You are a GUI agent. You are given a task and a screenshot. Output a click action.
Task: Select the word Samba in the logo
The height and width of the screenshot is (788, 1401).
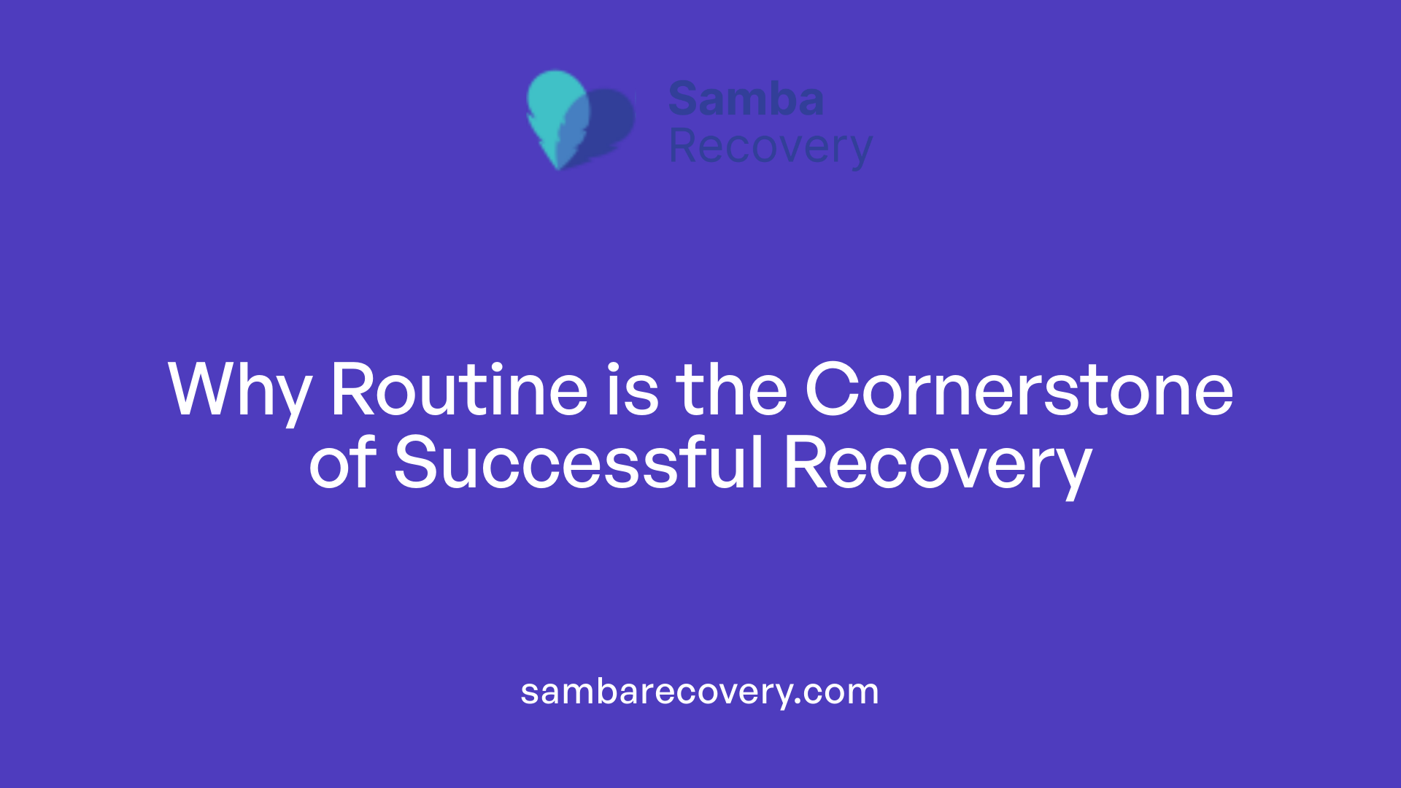[746, 98]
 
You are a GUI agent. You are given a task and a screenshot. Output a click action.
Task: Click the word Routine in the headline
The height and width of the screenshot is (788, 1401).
[459, 390]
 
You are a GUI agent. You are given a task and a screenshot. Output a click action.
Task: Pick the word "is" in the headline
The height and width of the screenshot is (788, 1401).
[632, 390]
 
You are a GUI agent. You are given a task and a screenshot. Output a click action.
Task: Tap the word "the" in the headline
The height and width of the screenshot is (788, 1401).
[731, 390]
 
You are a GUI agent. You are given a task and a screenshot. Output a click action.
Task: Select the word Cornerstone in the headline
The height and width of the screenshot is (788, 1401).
[1019, 390]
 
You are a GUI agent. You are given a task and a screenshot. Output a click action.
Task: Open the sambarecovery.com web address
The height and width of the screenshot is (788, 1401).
[699, 692]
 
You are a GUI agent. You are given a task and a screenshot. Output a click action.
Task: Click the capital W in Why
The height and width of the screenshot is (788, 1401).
[198, 390]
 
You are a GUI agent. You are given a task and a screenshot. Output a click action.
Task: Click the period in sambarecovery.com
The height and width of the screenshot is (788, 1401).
[798, 702]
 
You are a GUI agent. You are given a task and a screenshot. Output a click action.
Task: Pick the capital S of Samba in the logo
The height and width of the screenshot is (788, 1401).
[685, 98]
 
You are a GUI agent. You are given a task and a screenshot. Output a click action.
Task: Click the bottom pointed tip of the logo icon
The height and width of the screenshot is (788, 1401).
[558, 167]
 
